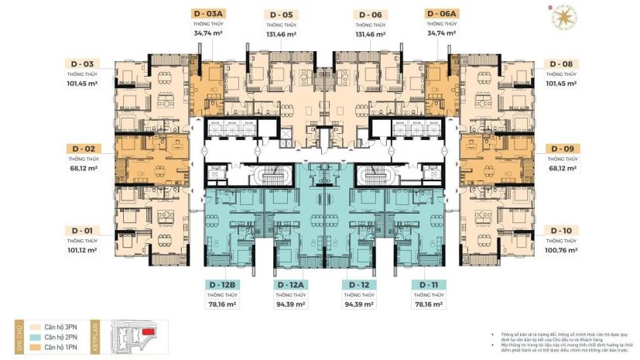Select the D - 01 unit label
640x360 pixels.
pos(82,230)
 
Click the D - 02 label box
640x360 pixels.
pos(82,147)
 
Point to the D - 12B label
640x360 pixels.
pos(221,285)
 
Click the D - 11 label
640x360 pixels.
pos(428,285)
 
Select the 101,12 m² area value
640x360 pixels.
pos(82,249)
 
